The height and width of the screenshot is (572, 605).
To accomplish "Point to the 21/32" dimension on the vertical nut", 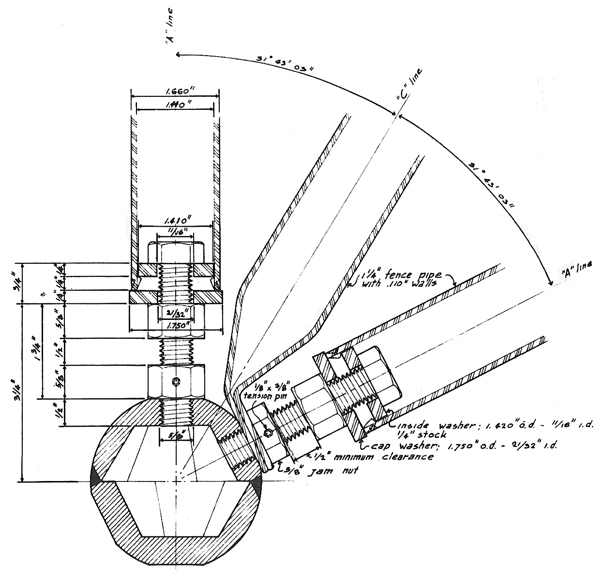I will pos(176,313).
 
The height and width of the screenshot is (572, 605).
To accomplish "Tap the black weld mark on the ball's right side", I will pos(257,486).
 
